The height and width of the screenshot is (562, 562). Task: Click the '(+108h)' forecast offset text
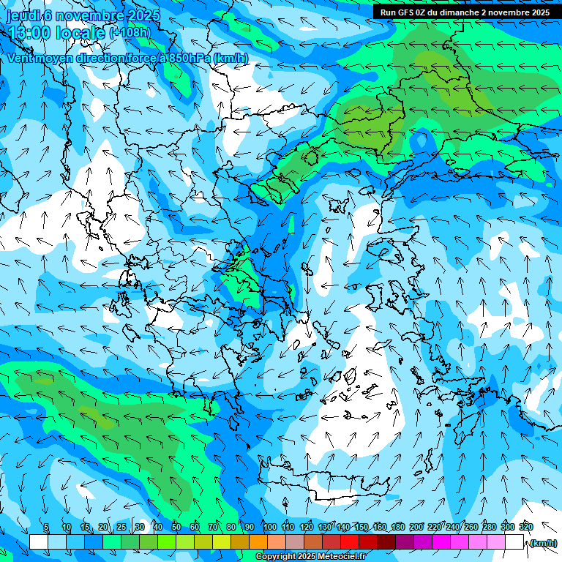(x=130, y=33)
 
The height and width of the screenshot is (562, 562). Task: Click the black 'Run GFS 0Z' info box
(x=465, y=12)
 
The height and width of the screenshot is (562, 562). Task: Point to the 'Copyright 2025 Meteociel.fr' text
(x=310, y=557)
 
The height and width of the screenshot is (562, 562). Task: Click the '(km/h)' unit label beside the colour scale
(x=544, y=543)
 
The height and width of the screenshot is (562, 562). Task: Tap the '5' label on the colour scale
(x=47, y=528)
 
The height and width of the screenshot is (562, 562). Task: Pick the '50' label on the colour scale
(x=176, y=528)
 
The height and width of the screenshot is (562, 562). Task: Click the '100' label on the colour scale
(x=270, y=528)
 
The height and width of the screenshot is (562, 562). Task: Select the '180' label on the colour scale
(x=398, y=528)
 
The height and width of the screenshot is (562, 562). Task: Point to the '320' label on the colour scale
(x=526, y=528)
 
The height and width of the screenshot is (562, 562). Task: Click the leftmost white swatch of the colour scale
(x=38, y=542)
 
